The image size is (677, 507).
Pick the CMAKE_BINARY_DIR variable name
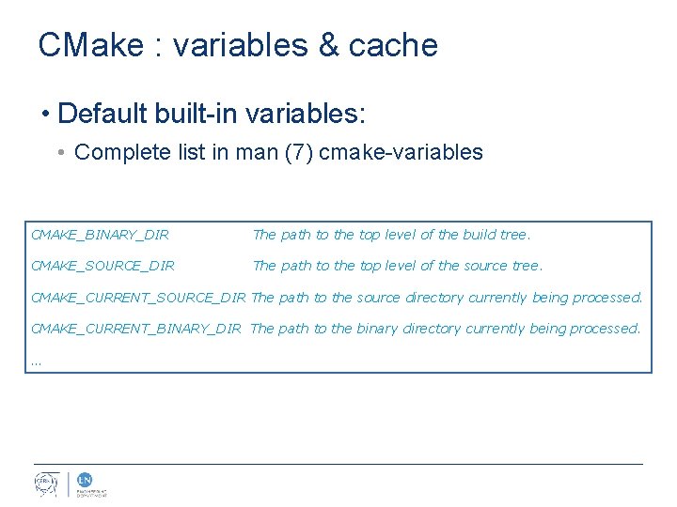click(x=100, y=235)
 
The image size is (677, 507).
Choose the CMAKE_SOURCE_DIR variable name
click(x=102, y=266)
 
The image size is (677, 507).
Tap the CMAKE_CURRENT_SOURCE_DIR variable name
click(x=138, y=298)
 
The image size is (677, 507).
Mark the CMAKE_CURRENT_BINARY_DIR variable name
click(x=136, y=329)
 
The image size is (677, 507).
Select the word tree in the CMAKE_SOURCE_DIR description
click(x=526, y=266)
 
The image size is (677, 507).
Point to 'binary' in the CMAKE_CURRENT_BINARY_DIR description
click(x=383, y=329)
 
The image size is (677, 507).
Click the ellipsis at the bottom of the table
click(x=36, y=361)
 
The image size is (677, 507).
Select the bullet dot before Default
click(x=44, y=115)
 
